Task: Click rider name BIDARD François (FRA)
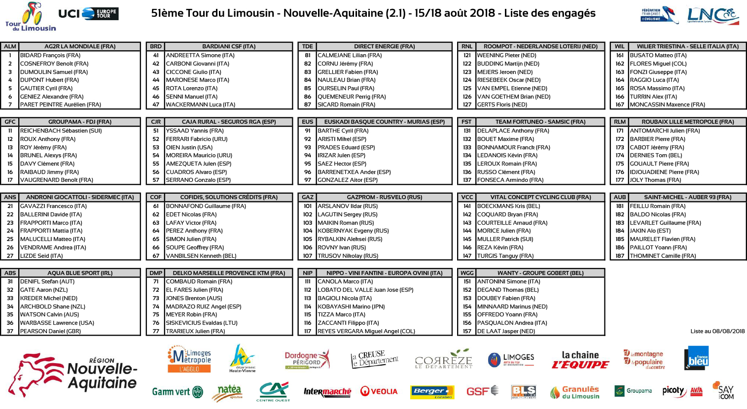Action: (x=50, y=55)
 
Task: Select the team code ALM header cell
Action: (x=10, y=46)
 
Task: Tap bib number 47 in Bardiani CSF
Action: (x=156, y=104)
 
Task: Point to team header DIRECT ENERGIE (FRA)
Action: (x=384, y=46)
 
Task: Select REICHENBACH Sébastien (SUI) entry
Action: (x=61, y=131)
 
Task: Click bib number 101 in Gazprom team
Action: (x=308, y=206)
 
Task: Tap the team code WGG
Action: (x=467, y=273)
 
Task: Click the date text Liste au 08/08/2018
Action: (x=717, y=331)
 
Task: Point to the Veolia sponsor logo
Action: (x=379, y=391)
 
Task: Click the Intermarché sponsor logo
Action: (x=327, y=392)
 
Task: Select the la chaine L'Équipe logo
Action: (x=580, y=360)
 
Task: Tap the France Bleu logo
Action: (x=696, y=358)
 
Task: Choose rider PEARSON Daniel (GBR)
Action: (x=50, y=331)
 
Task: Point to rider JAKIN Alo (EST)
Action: (x=650, y=231)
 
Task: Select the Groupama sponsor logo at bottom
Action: (x=633, y=391)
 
